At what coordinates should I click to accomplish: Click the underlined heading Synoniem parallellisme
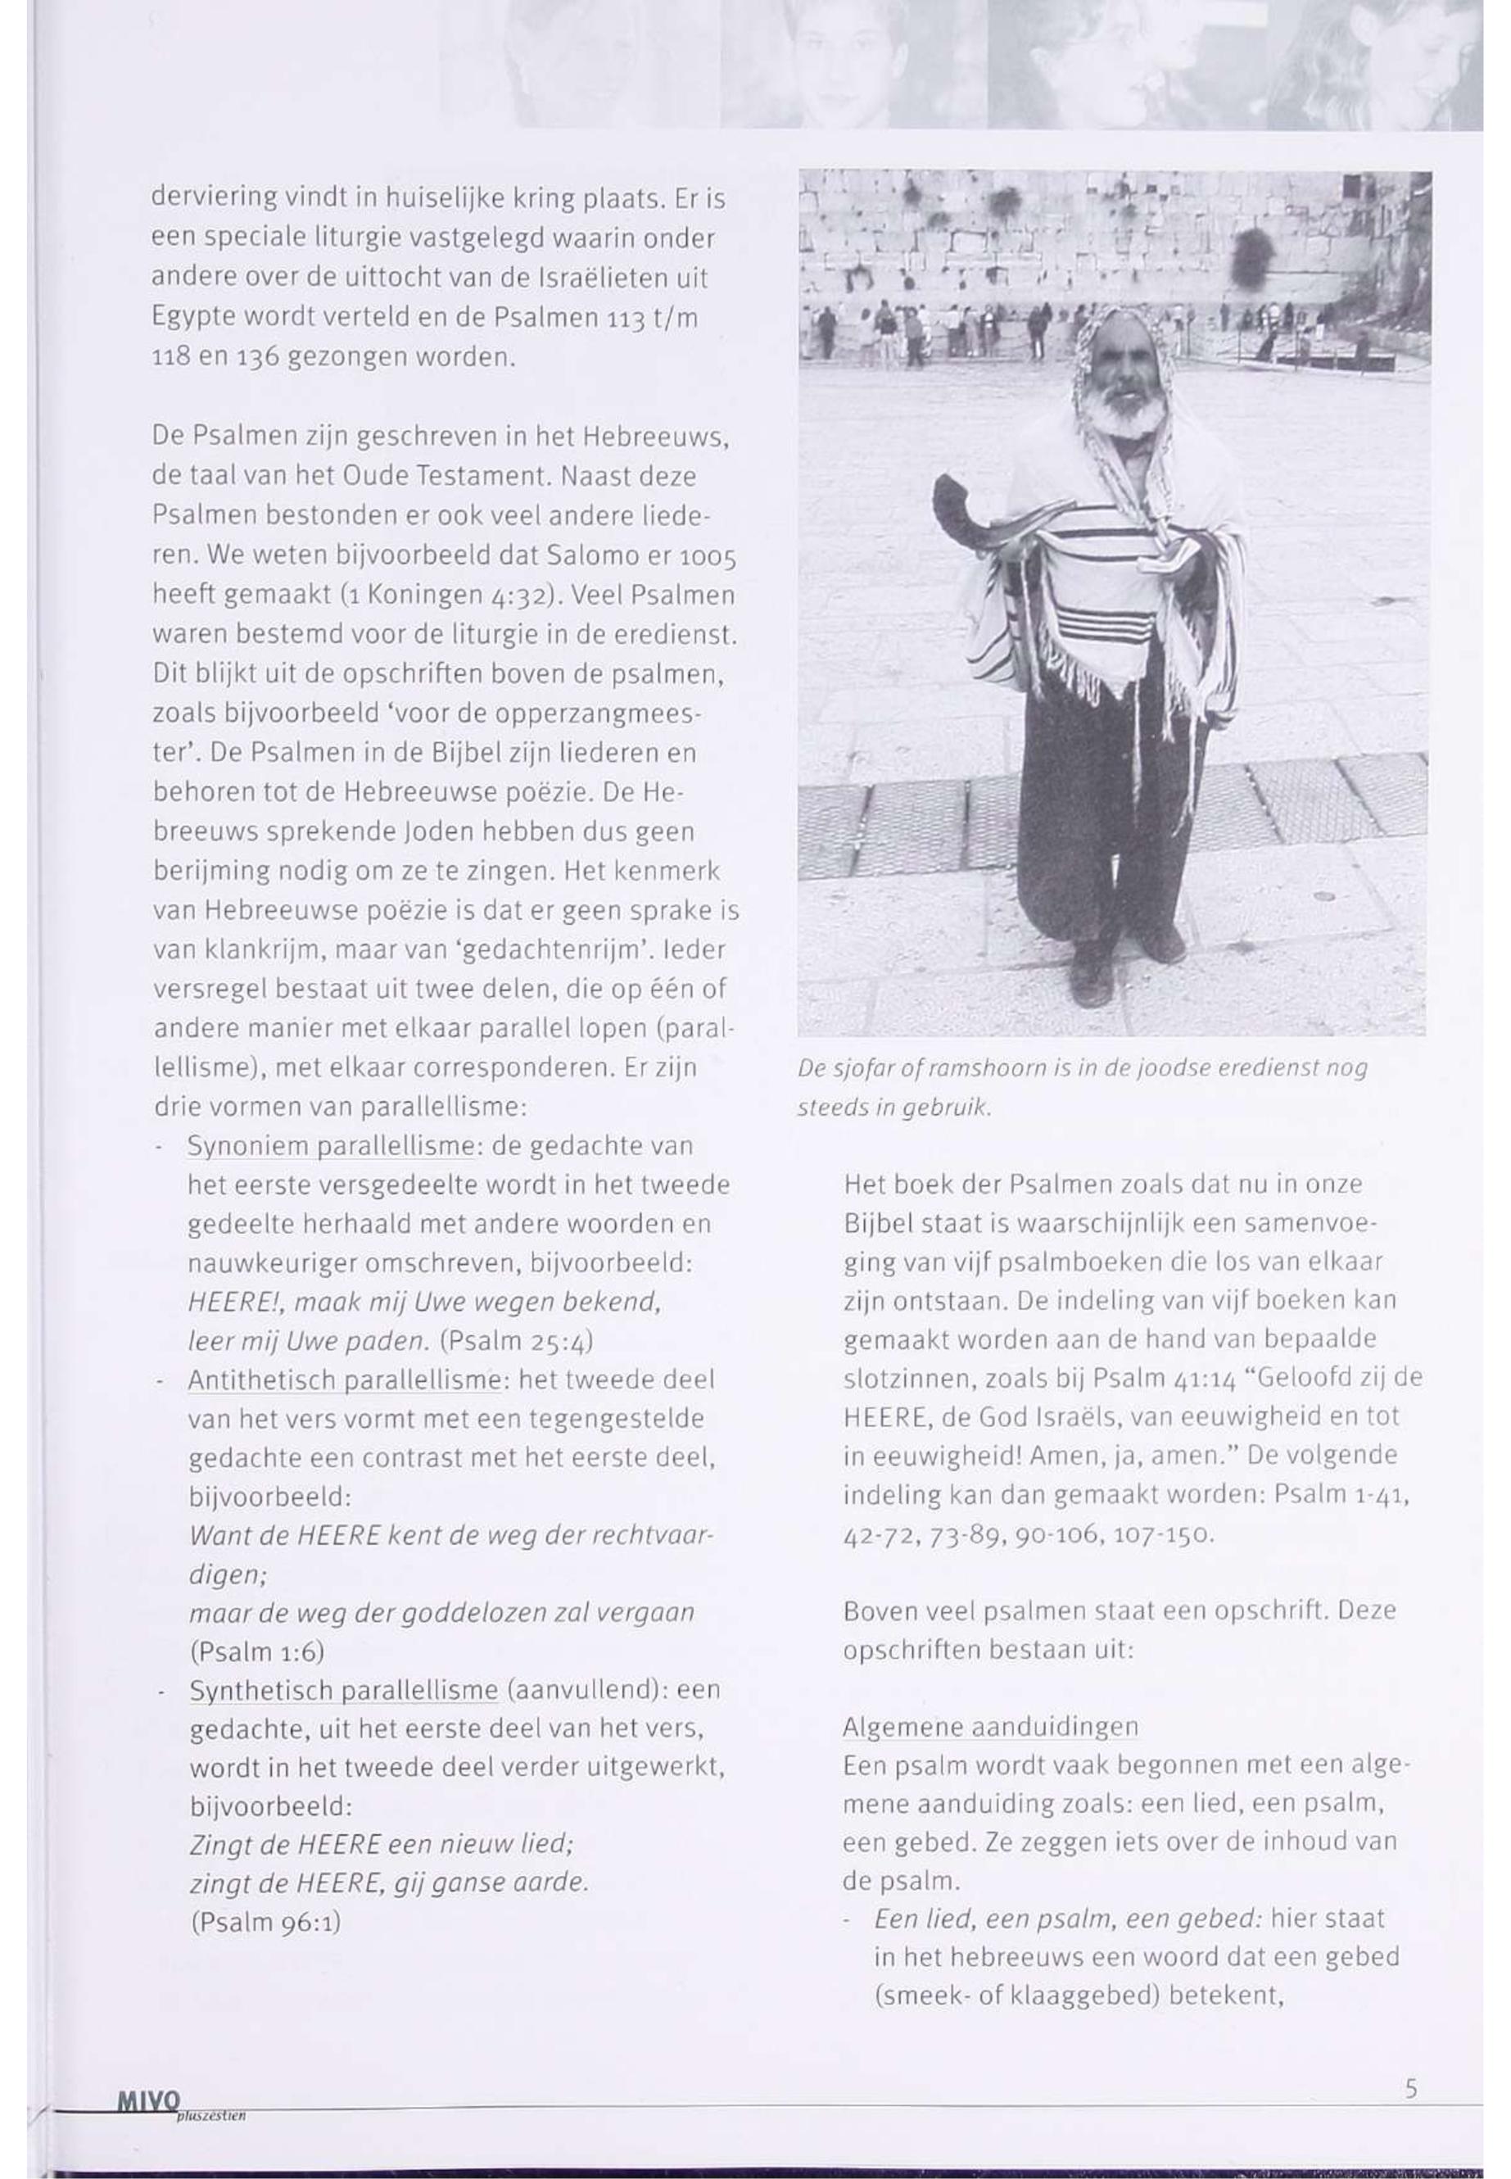pyautogui.click(x=330, y=1146)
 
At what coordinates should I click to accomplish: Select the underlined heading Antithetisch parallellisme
pyautogui.click(x=344, y=1379)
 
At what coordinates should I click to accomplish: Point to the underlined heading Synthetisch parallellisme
pyautogui.click(x=344, y=1690)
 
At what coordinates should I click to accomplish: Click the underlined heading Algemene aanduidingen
pyautogui.click(x=989, y=1726)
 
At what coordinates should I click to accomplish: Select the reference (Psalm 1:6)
pyautogui.click(x=257, y=1652)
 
